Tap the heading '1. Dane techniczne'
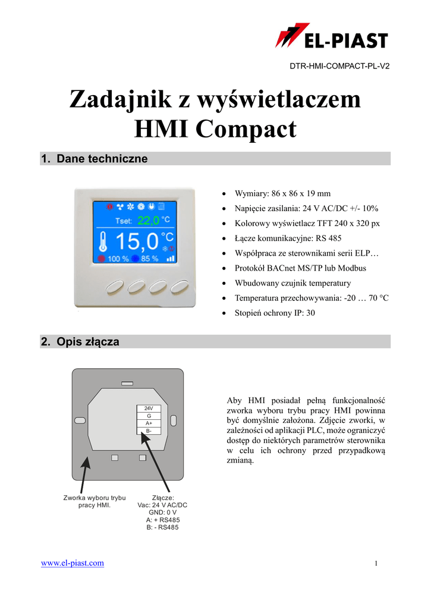click(x=94, y=159)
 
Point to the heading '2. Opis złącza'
click(x=80, y=342)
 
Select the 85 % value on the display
click(x=149, y=259)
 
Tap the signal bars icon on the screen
click(x=171, y=259)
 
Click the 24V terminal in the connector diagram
click(x=149, y=408)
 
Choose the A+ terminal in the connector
click(x=149, y=423)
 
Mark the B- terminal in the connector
click(x=149, y=431)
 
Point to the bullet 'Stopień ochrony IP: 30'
click(x=275, y=313)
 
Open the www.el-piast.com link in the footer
click(x=72, y=563)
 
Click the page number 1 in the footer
click(x=376, y=563)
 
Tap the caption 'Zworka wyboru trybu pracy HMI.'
click(x=95, y=501)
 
